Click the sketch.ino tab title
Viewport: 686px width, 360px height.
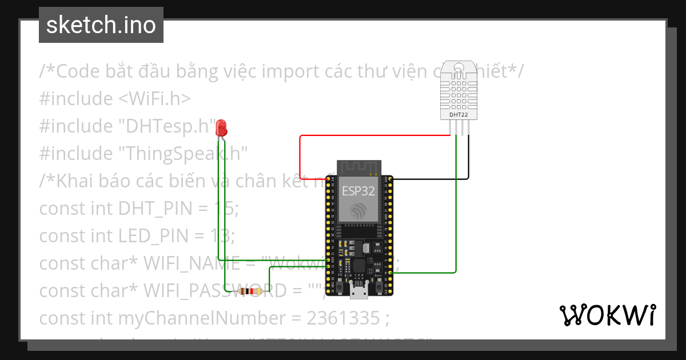coord(101,25)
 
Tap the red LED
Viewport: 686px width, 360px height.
coord(221,127)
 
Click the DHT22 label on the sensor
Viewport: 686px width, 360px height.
coord(458,114)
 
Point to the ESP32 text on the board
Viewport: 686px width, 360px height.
coord(358,191)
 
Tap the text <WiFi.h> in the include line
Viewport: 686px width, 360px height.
coord(154,99)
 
